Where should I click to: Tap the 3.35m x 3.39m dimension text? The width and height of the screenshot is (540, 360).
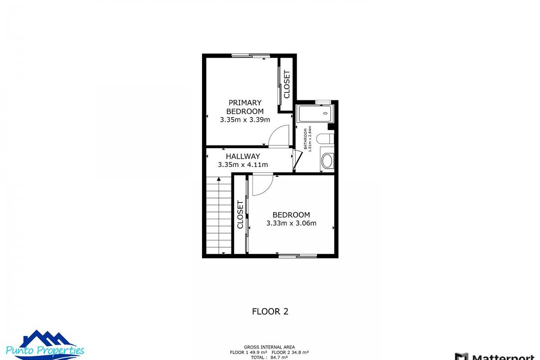(x=245, y=120)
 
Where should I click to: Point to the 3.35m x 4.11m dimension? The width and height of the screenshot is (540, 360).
(x=243, y=165)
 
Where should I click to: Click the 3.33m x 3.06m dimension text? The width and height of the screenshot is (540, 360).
(x=291, y=223)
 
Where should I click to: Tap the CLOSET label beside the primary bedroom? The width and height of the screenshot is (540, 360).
(x=287, y=84)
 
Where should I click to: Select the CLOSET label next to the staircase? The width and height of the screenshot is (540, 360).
(x=240, y=215)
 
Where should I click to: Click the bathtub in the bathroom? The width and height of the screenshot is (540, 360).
(x=315, y=114)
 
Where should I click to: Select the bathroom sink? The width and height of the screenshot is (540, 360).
(x=328, y=161)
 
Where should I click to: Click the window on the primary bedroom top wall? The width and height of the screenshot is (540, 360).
(x=251, y=56)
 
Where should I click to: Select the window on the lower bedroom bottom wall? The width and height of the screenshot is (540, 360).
(x=297, y=256)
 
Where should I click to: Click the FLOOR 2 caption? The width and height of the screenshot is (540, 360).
(x=270, y=311)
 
